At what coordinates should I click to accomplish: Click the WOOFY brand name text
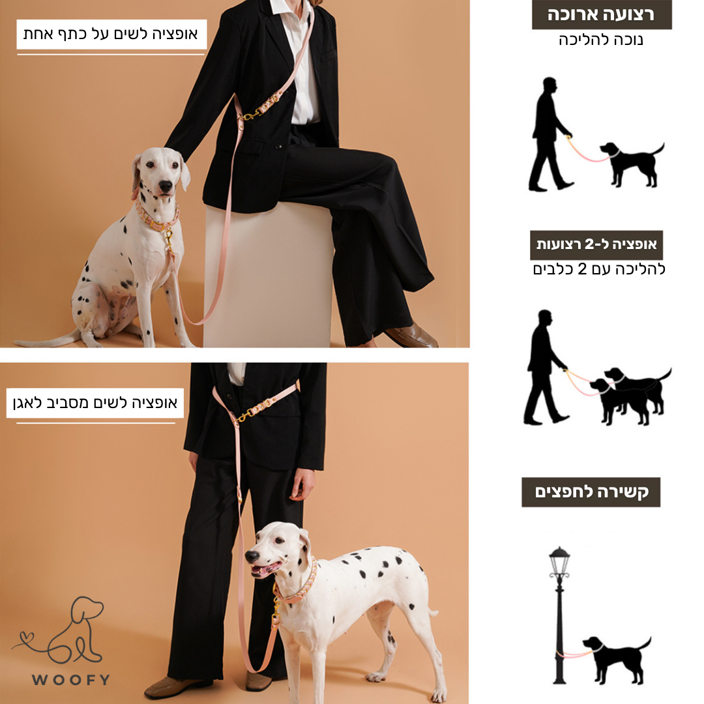tap(71, 679)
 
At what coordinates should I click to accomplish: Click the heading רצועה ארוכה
tap(601, 14)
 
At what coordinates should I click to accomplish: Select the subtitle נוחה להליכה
tap(601, 40)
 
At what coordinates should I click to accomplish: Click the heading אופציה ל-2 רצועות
tap(596, 244)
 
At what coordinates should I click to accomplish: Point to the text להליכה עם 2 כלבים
tap(599, 269)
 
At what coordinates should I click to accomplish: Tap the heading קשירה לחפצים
tap(591, 492)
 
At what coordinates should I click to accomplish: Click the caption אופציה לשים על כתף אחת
tap(110, 34)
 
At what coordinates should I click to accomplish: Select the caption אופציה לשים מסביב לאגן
tap(95, 403)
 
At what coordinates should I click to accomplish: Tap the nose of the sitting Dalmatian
tap(165, 186)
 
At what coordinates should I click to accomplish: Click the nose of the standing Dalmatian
tap(252, 557)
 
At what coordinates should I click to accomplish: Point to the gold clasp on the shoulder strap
tap(250, 115)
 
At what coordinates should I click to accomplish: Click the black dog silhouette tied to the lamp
tap(617, 660)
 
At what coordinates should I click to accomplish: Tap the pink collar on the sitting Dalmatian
tap(157, 218)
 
